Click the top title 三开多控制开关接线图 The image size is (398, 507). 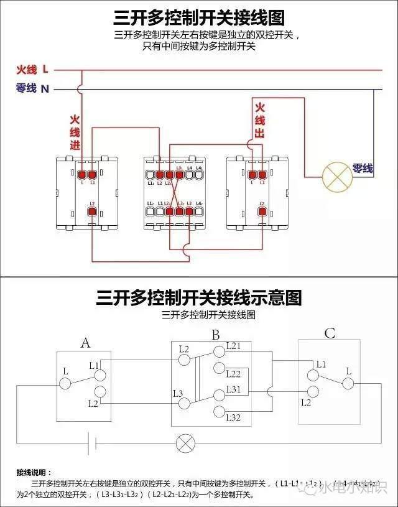199,17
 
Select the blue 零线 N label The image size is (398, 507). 32,89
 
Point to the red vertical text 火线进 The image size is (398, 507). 75,132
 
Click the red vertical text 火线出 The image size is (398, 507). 260,121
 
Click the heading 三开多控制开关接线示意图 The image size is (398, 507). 199,297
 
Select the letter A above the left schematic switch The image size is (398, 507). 86,342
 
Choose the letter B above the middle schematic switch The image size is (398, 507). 215,335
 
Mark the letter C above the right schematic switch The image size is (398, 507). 330,334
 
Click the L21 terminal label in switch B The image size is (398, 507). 233,345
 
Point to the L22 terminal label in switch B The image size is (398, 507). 233,374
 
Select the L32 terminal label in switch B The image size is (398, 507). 233,417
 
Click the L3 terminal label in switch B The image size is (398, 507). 178,393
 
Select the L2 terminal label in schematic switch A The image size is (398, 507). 93,404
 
